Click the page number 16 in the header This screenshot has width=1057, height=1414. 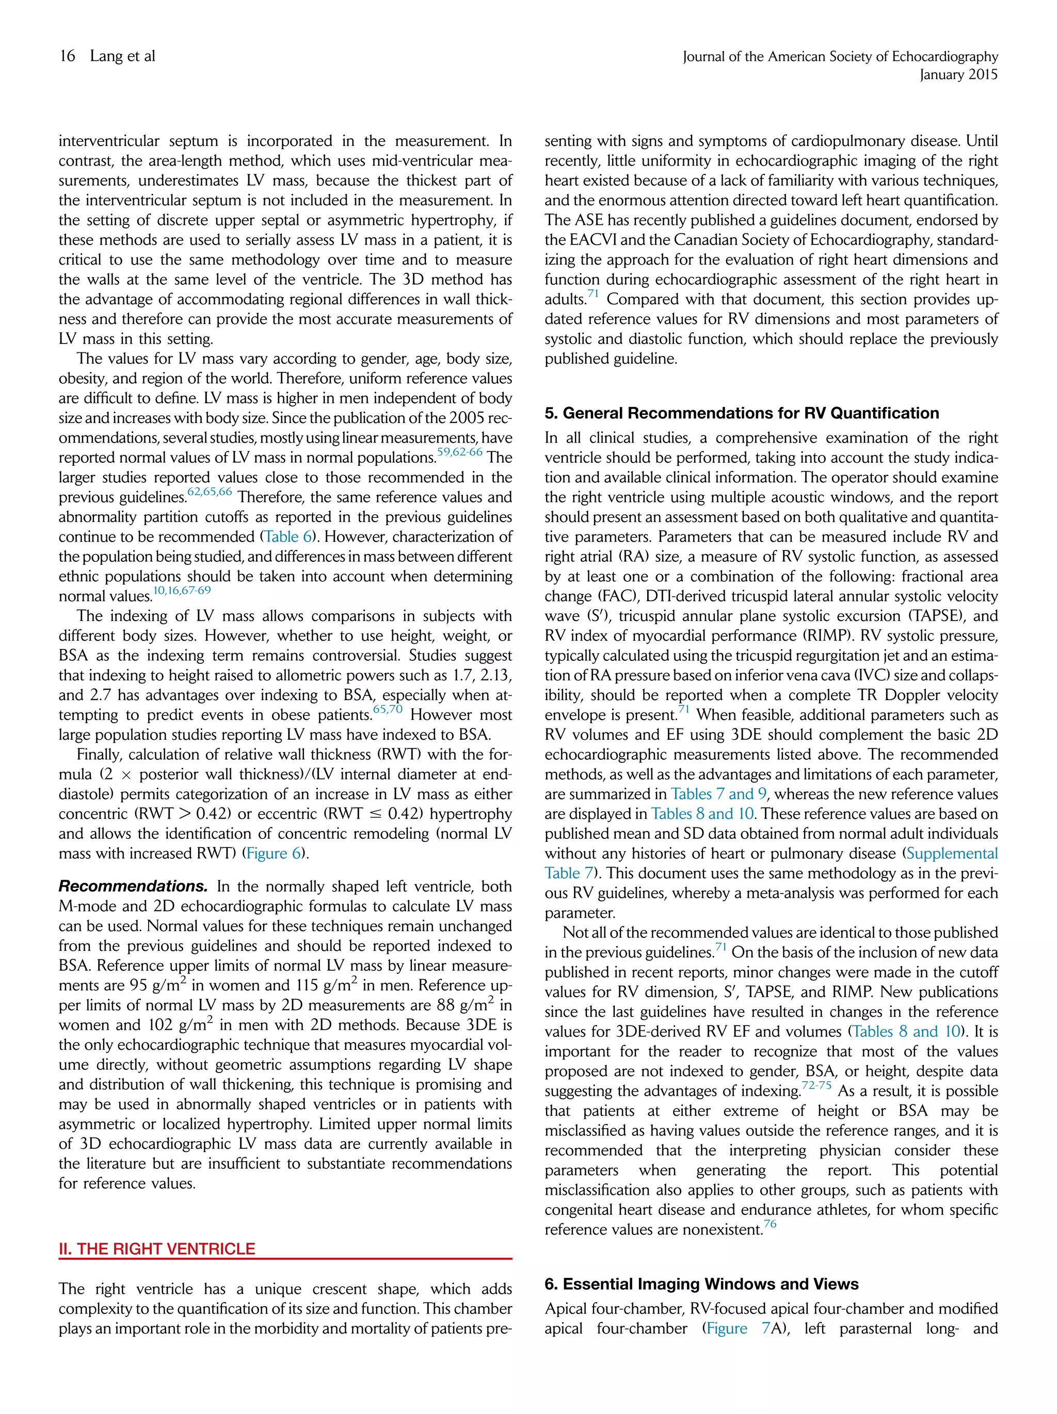point(67,56)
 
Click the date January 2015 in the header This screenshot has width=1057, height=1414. point(958,75)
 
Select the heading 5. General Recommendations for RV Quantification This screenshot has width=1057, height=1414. point(741,413)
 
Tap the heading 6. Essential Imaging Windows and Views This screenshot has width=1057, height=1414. point(701,1283)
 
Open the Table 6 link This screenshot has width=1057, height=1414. point(288,537)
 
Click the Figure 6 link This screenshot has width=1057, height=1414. point(275,853)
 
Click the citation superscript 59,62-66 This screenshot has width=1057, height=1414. point(459,452)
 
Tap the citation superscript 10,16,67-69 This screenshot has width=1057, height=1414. point(182,591)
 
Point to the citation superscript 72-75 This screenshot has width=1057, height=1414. point(816,1085)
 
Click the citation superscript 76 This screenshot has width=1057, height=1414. point(770,1224)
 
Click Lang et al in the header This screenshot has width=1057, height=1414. point(122,56)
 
